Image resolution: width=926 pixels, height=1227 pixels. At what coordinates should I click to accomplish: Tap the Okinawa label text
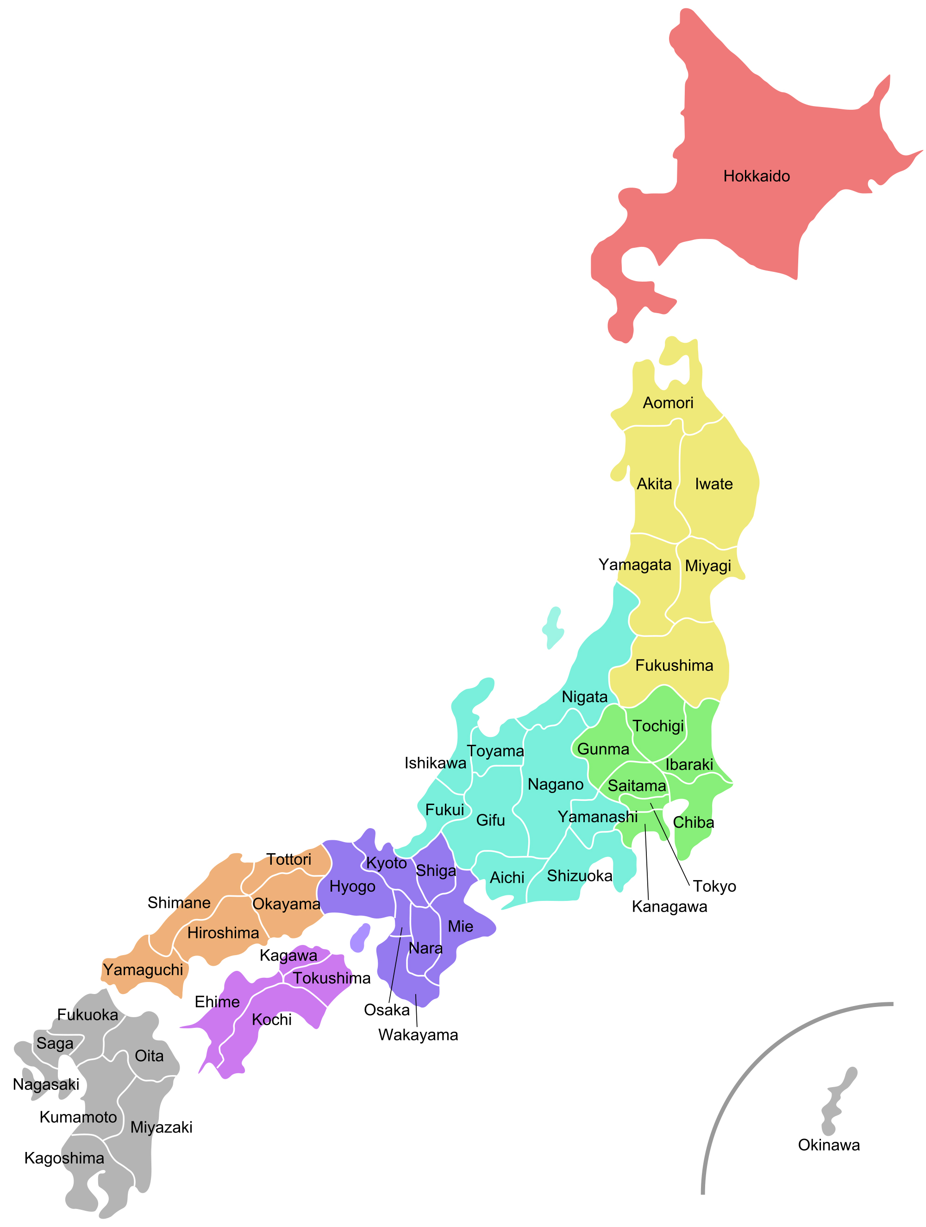828,1145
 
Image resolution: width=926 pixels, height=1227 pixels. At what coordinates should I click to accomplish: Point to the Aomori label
668,403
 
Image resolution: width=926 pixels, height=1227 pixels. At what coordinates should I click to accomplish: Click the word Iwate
713,484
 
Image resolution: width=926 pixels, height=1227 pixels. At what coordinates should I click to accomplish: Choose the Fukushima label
674,665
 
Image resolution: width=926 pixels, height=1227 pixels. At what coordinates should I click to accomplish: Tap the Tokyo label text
714,886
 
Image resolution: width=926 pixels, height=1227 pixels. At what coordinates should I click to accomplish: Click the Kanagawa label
669,906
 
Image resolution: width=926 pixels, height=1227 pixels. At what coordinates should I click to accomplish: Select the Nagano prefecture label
555,784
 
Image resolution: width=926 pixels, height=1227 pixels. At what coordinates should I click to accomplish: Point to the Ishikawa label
435,763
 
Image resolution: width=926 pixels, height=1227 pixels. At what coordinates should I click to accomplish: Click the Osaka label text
387,1010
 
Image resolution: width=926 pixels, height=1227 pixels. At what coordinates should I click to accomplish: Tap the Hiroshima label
223,933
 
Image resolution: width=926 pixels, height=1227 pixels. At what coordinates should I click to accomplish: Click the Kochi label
272,1019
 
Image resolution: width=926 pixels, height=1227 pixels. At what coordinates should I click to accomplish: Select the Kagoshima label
64,1158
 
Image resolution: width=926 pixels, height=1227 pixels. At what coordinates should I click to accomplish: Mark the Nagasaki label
46,1084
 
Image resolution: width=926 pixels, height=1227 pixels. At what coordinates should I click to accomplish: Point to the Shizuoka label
579,876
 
